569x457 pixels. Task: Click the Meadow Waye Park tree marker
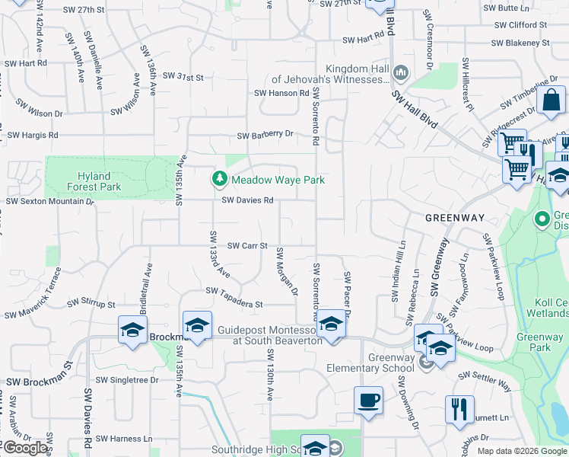tap(220, 179)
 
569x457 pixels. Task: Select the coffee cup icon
tap(369, 400)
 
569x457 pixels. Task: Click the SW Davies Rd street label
tap(247, 200)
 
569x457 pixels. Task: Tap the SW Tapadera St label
tap(234, 303)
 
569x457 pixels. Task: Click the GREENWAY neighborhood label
tap(454, 218)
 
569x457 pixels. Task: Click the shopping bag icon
tap(550, 101)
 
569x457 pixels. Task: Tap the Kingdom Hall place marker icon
tap(402, 73)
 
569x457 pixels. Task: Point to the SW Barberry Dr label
tap(265, 135)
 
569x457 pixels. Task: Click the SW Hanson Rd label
tap(281, 93)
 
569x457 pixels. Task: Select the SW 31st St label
tap(181, 78)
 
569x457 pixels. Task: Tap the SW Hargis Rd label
tap(33, 135)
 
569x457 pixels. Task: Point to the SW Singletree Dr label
tap(126, 379)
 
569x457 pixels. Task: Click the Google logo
tap(26, 448)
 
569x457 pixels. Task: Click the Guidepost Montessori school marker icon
tap(331, 324)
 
